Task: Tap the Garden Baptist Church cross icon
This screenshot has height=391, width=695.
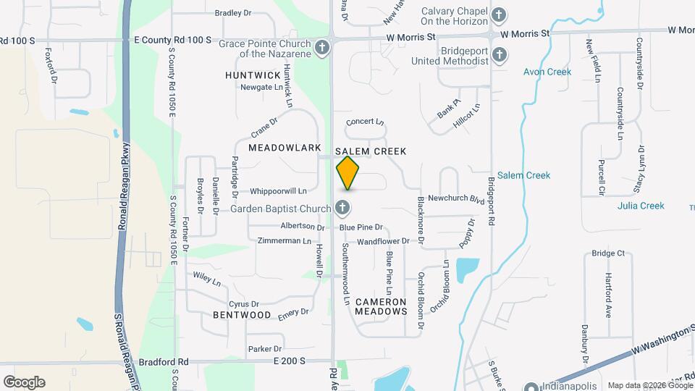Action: (x=343, y=209)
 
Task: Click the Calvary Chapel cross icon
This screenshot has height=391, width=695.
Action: (x=498, y=14)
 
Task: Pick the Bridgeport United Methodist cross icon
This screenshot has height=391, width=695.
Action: (x=499, y=55)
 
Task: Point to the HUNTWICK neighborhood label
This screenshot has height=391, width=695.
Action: (x=253, y=75)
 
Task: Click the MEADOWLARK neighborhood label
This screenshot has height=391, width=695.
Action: (x=285, y=148)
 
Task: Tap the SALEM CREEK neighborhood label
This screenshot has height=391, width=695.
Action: (x=371, y=151)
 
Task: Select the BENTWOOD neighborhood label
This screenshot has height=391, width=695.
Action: (x=242, y=316)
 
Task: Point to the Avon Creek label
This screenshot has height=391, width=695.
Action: (x=547, y=72)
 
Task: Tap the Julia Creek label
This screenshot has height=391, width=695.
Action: (x=641, y=206)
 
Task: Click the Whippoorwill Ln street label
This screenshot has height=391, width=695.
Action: (x=278, y=191)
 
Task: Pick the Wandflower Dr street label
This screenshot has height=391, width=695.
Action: (x=384, y=240)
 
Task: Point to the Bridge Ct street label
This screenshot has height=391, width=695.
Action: (x=607, y=253)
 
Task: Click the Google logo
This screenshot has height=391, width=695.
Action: (x=24, y=382)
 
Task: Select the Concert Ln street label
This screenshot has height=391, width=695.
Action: (x=365, y=122)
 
